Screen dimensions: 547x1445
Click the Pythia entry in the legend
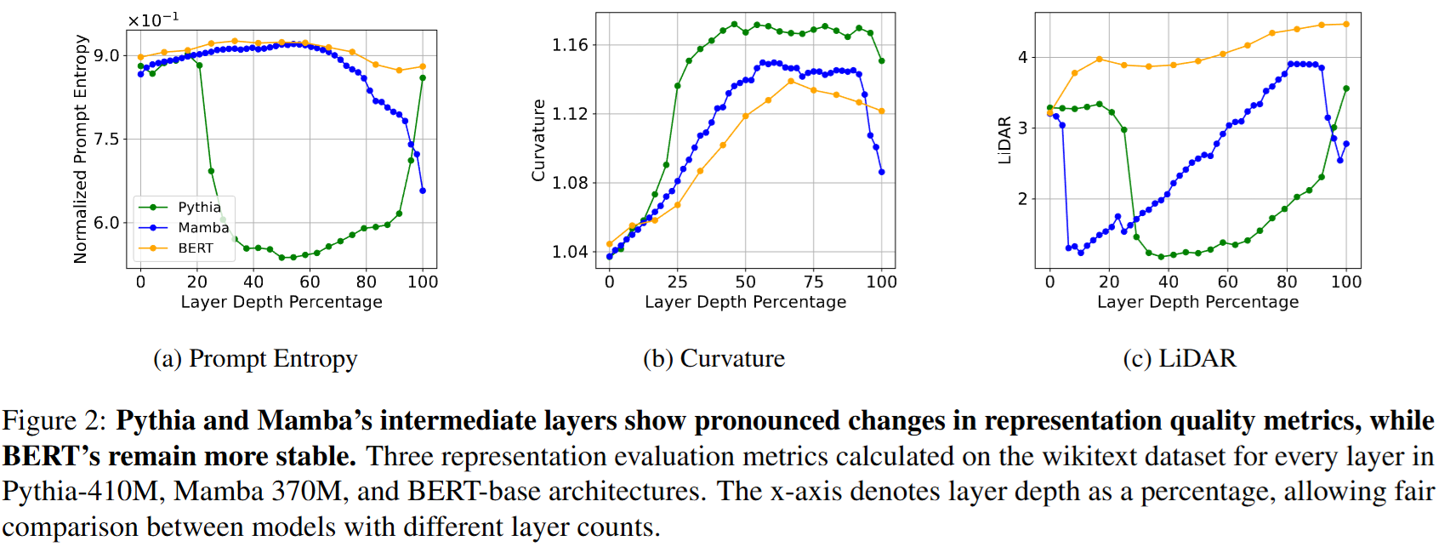coord(199,208)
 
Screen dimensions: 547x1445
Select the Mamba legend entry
coord(202,228)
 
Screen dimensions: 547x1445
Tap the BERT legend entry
coord(195,248)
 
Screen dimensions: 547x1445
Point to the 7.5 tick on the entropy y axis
coord(106,140)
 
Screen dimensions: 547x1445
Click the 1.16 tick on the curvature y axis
coord(570,45)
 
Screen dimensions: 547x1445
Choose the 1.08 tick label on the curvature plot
coord(570,183)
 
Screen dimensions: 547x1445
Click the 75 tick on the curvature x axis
coord(813,282)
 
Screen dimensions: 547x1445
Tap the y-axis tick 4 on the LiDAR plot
coord(1022,57)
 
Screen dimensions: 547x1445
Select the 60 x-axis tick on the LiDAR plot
coord(1227,282)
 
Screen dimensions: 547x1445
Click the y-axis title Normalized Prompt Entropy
coord(81,149)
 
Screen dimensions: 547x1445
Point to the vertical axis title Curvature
coord(538,140)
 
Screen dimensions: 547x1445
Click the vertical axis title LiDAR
coord(1004,140)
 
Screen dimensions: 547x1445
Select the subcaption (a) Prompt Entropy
coord(255,359)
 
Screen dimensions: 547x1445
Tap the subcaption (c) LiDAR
coord(1179,359)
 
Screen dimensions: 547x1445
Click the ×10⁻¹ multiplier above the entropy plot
coord(153,20)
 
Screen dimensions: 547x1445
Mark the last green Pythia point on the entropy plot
coord(423,78)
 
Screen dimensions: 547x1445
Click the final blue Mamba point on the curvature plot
coord(881,172)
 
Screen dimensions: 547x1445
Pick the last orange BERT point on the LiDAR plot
coord(1345,24)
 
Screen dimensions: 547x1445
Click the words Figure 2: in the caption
coord(54,421)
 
